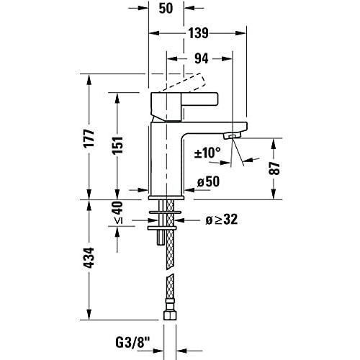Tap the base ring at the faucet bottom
pyautogui.click(x=166, y=196)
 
